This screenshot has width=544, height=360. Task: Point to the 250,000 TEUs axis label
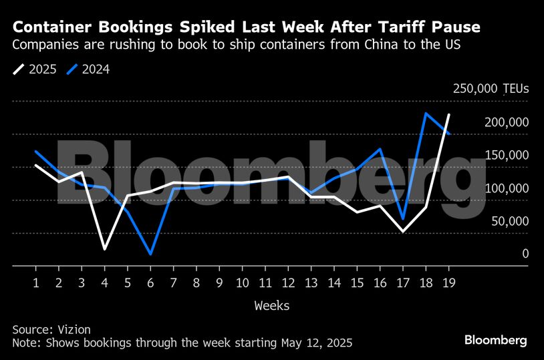point(491,88)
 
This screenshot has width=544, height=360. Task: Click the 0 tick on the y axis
point(525,254)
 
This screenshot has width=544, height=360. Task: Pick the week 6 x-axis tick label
point(150,282)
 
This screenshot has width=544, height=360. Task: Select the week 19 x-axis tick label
point(448,282)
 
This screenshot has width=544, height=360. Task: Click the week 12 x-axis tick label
point(287,282)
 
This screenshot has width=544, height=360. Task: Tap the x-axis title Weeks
point(271,305)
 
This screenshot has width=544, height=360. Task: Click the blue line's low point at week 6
point(150,254)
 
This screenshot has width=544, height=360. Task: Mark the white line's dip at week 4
point(105,249)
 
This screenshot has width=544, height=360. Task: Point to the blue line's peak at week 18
point(425,113)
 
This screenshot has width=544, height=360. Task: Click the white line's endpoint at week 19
point(448,115)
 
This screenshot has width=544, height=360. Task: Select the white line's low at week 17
point(402,232)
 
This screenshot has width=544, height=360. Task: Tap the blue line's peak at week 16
point(380,149)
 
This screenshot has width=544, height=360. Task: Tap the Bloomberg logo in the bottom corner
point(495,340)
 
